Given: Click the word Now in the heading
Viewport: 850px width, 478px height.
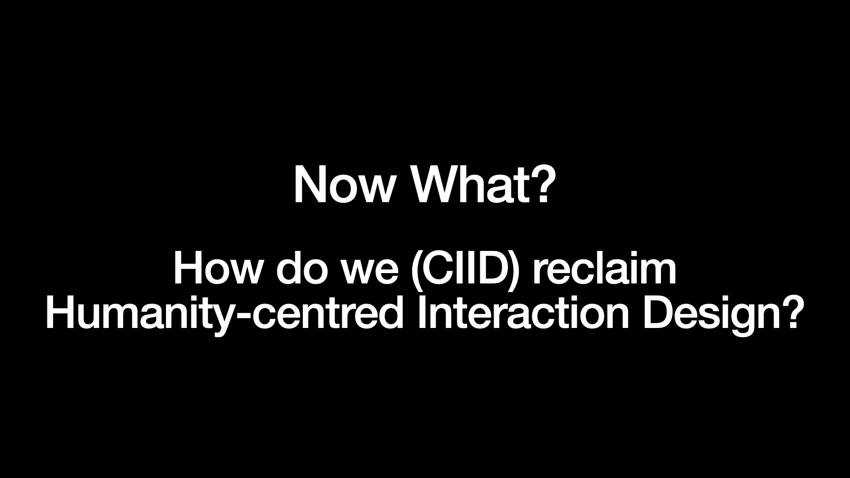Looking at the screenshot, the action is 344,185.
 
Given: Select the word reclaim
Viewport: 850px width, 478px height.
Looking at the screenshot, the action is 605,269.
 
